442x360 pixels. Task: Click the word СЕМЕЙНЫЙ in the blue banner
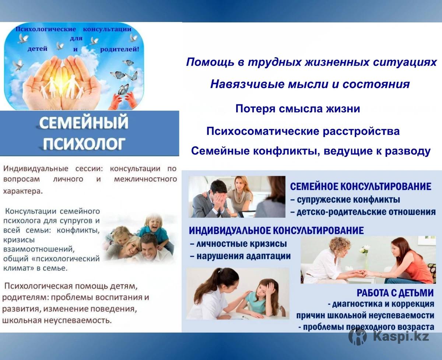point(84,123)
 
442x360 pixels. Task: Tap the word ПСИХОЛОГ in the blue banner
point(84,144)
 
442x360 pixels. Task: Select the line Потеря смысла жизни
point(298,109)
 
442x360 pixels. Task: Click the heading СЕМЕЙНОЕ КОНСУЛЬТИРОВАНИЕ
point(361,186)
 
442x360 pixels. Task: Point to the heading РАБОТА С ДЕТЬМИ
point(395,293)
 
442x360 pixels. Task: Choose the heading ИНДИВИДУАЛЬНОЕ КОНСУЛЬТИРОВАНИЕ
point(276,231)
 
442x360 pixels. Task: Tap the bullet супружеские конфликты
point(345,199)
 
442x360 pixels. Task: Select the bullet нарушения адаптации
point(240,256)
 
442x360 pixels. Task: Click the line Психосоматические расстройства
point(303,131)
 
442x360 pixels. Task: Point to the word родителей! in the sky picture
point(120,50)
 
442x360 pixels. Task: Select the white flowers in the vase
point(366,249)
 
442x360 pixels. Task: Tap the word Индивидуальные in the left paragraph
point(36,169)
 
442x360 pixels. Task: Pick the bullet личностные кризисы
point(238,244)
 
